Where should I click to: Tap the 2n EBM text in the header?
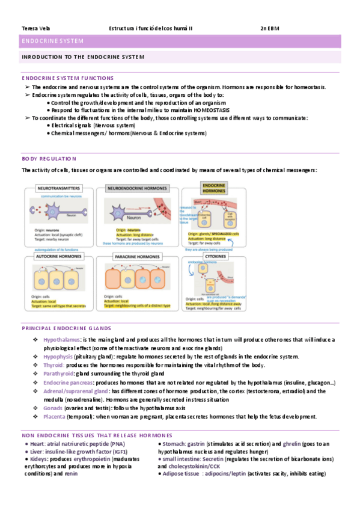click(270, 28)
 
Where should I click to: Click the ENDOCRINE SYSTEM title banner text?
click(52, 41)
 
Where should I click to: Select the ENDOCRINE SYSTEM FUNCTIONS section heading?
click(67, 78)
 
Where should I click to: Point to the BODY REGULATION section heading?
click(49, 159)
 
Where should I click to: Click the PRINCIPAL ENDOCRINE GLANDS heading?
click(66, 328)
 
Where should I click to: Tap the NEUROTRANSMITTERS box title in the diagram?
click(59, 188)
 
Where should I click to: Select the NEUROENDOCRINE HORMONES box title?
click(137, 188)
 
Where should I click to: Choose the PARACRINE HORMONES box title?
click(138, 257)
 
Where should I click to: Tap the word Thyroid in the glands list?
click(53, 365)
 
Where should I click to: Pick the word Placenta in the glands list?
click(54, 417)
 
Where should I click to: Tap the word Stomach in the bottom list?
click(175, 444)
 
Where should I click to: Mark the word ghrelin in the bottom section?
click(292, 444)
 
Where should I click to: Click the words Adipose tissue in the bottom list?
click(181, 473)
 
